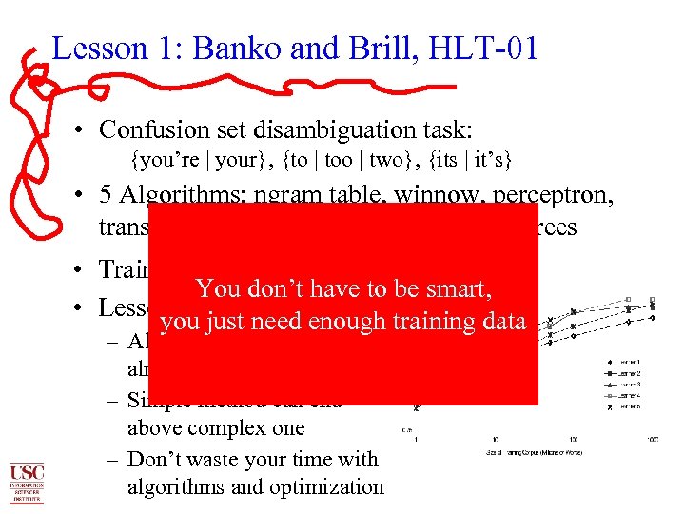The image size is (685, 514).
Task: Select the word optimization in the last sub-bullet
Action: point(323,487)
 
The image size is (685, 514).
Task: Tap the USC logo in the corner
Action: point(26,482)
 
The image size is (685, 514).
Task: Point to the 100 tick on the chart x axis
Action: point(574,439)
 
